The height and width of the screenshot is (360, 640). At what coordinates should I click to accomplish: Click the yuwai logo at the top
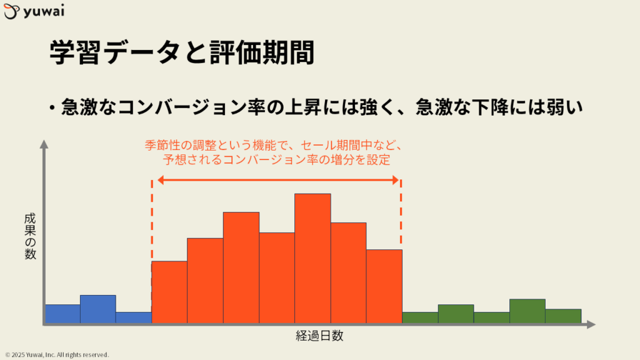[x=34, y=11]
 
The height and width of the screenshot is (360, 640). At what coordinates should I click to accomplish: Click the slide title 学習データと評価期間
[x=182, y=52]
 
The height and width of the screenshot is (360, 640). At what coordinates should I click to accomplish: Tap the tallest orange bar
[x=312, y=258]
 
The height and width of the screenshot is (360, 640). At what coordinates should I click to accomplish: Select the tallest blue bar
[x=98, y=309]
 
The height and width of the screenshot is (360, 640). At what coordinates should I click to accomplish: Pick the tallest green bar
[x=527, y=311]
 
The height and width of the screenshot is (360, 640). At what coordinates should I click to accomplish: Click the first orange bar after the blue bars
[x=169, y=292]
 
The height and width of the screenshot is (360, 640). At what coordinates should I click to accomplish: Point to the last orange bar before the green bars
[x=384, y=286]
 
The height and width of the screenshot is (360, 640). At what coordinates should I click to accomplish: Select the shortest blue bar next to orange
[x=134, y=317]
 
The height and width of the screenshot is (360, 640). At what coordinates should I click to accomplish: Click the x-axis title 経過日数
[x=319, y=336]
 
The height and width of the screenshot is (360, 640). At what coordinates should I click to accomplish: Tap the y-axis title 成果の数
[x=30, y=236]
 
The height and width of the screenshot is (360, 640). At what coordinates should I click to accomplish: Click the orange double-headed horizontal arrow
[x=278, y=180]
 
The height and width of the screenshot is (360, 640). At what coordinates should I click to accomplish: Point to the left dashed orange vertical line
[x=152, y=220]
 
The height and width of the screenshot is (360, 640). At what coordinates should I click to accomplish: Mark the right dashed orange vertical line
[x=401, y=214]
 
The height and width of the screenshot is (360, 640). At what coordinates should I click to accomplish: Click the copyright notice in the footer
[x=57, y=355]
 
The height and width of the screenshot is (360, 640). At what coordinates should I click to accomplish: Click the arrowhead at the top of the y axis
[x=44, y=144]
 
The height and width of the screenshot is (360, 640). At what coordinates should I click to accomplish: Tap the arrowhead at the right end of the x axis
[x=591, y=324]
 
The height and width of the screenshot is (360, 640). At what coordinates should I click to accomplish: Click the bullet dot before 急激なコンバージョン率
[x=52, y=108]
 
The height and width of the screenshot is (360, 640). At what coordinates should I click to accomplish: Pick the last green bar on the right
[x=563, y=316]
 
